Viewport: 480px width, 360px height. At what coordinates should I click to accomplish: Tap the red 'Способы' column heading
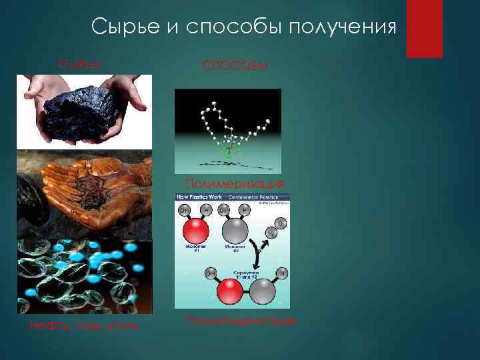pyautogui.click(x=235, y=65)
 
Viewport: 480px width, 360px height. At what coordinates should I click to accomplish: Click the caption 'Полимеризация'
pyautogui.click(x=234, y=183)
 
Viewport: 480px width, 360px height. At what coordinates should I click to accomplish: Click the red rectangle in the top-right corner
pyautogui.click(x=424, y=28)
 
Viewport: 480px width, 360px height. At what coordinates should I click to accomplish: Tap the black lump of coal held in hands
pyautogui.click(x=84, y=107)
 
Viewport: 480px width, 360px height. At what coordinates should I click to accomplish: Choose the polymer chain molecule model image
pyautogui.click(x=227, y=131)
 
